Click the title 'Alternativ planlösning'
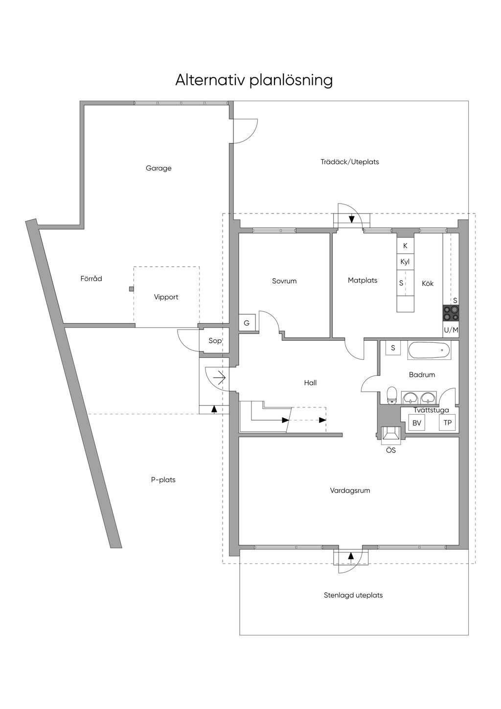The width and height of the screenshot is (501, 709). pos(254,79)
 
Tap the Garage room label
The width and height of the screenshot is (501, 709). pos(159,168)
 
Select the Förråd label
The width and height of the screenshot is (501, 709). pos(91,279)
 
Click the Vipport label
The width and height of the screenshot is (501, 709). pos(166,297)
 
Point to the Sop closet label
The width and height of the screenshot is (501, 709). pos(215,341)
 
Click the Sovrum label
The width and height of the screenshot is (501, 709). pos(284,281)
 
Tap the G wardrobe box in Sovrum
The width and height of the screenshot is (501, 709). pos(247,323)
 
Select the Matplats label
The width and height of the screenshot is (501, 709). pos(363,281)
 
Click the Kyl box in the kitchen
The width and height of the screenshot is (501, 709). pos(405,261)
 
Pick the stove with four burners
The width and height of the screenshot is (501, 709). pos(451,313)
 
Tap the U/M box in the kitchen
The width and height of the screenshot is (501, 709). pos(451,330)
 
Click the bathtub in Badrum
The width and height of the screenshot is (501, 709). pos(429,351)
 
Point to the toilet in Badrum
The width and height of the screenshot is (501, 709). pos(391,395)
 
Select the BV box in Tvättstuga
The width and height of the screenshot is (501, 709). pos(417,423)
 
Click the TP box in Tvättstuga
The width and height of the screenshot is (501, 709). pos(447,423)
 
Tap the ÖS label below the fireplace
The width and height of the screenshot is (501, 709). pos(391,450)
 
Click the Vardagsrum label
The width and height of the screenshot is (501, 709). pos(350,490)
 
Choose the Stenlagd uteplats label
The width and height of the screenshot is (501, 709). pos(353,595)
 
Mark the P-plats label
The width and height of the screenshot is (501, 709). pos(163,480)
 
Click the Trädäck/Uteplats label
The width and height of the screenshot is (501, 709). pos(349,162)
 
